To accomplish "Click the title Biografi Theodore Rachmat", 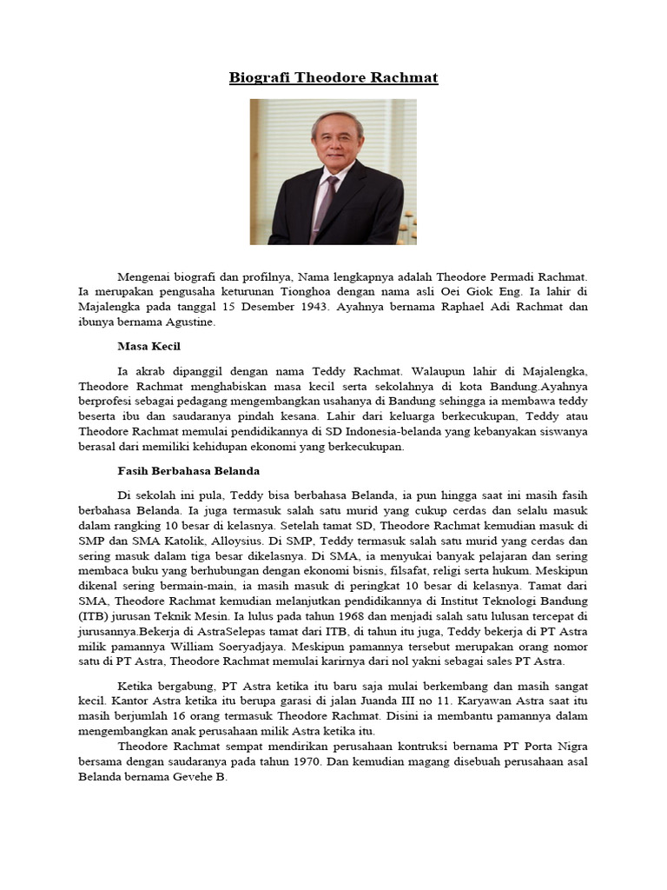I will click(333, 78).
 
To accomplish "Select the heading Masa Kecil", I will click(149, 345).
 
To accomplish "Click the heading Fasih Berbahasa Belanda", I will click(188, 470).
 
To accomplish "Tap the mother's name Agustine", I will click(184, 322).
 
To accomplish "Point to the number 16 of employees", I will click(191, 715).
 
